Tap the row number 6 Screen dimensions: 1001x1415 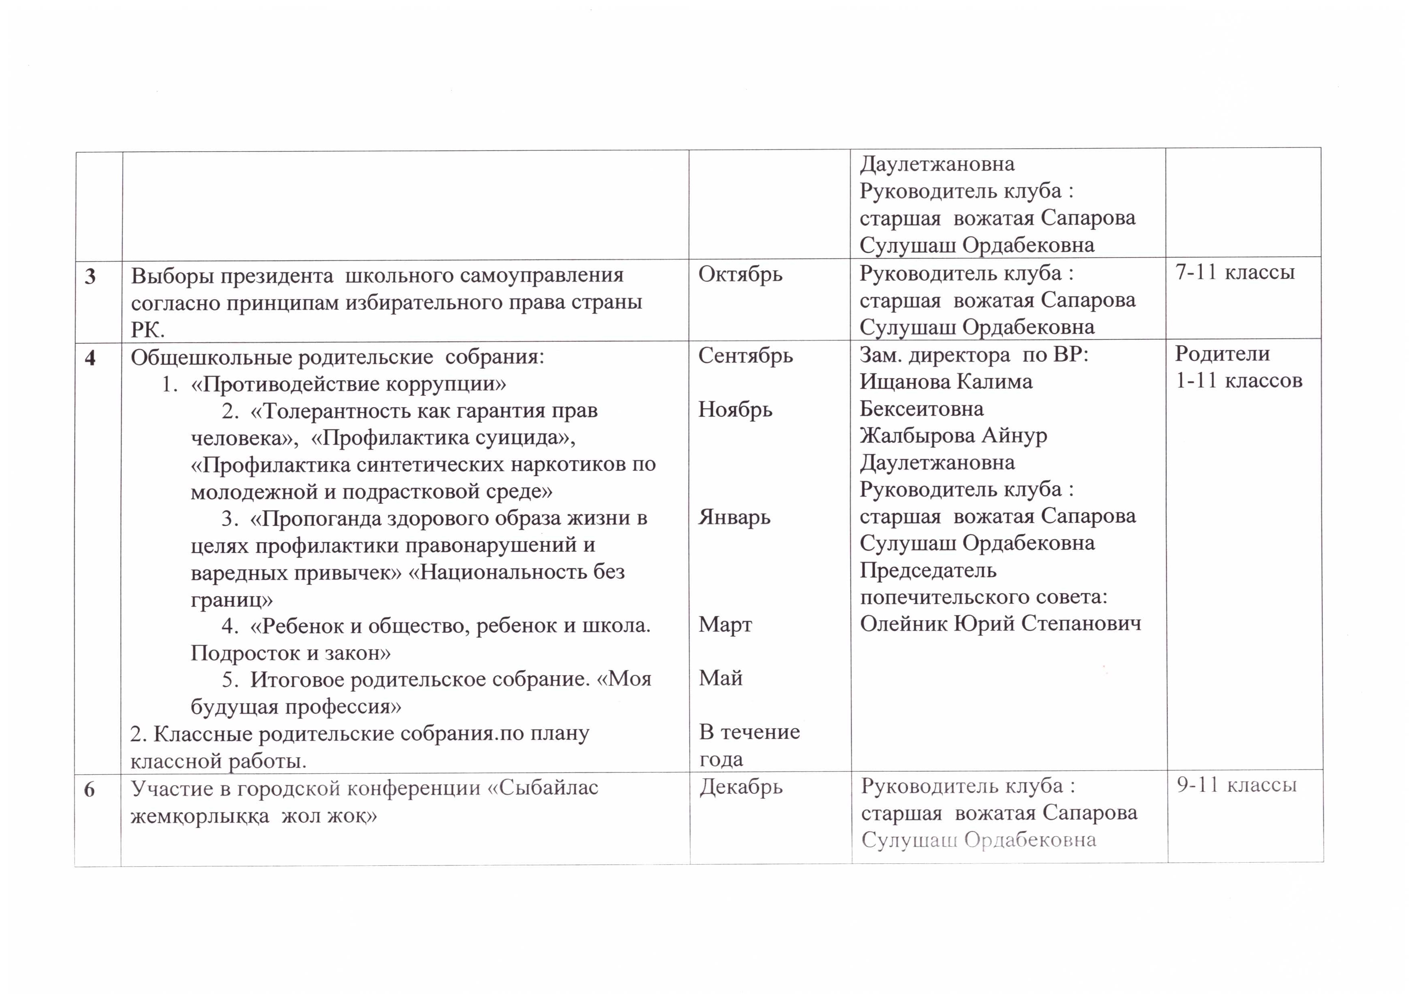click(x=89, y=790)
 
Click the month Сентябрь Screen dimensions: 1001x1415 click(x=745, y=355)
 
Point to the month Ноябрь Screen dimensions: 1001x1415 click(x=735, y=409)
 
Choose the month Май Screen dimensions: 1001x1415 click(x=721, y=678)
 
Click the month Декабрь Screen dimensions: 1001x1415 click(x=741, y=787)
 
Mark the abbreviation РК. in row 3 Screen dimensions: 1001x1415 click(x=147, y=330)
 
